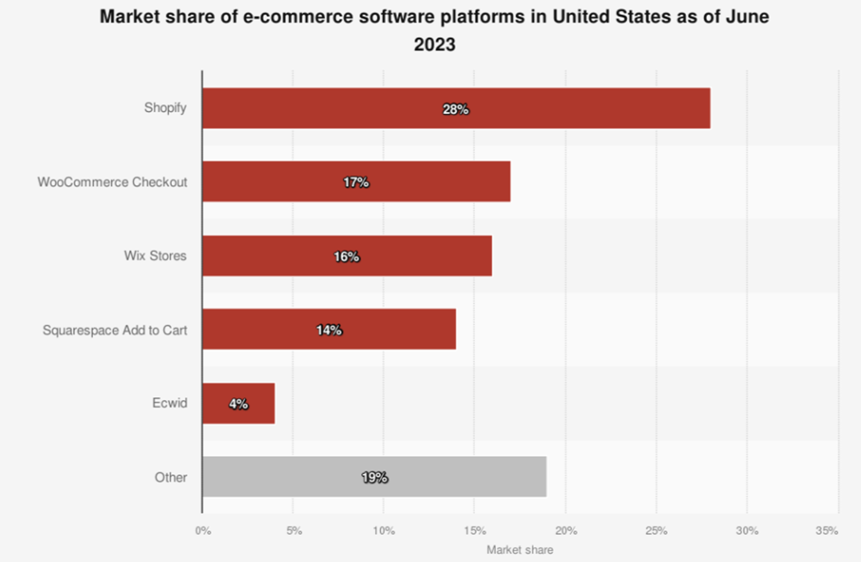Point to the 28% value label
456,109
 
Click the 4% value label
238,404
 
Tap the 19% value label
375,478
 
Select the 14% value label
329,331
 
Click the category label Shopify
165,108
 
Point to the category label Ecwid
170,403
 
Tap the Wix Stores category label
155,256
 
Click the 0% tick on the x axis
203,531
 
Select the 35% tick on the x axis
826,531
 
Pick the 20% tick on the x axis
565,531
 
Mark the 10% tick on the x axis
384,531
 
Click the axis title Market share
520,550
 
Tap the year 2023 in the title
434,45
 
